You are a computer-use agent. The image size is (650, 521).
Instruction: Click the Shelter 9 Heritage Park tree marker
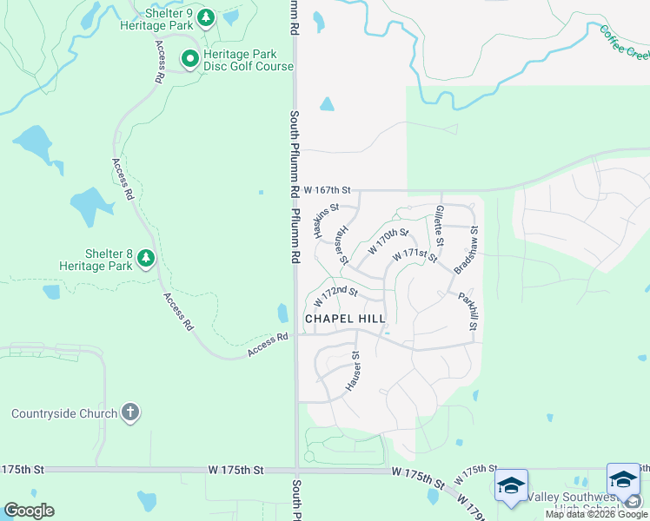tap(206, 17)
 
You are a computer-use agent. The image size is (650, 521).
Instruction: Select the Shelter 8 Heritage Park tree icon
tap(146, 258)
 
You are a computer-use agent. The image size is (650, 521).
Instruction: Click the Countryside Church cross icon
tap(129, 412)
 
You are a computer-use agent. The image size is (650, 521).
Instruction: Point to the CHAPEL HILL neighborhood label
tap(345, 320)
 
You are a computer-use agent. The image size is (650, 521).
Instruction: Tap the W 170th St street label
tap(388, 241)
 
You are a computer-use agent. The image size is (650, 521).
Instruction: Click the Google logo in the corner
tap(29, 511)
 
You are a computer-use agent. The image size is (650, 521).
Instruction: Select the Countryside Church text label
tap(63, 413)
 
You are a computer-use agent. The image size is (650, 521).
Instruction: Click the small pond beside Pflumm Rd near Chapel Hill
tap(282, 312)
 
